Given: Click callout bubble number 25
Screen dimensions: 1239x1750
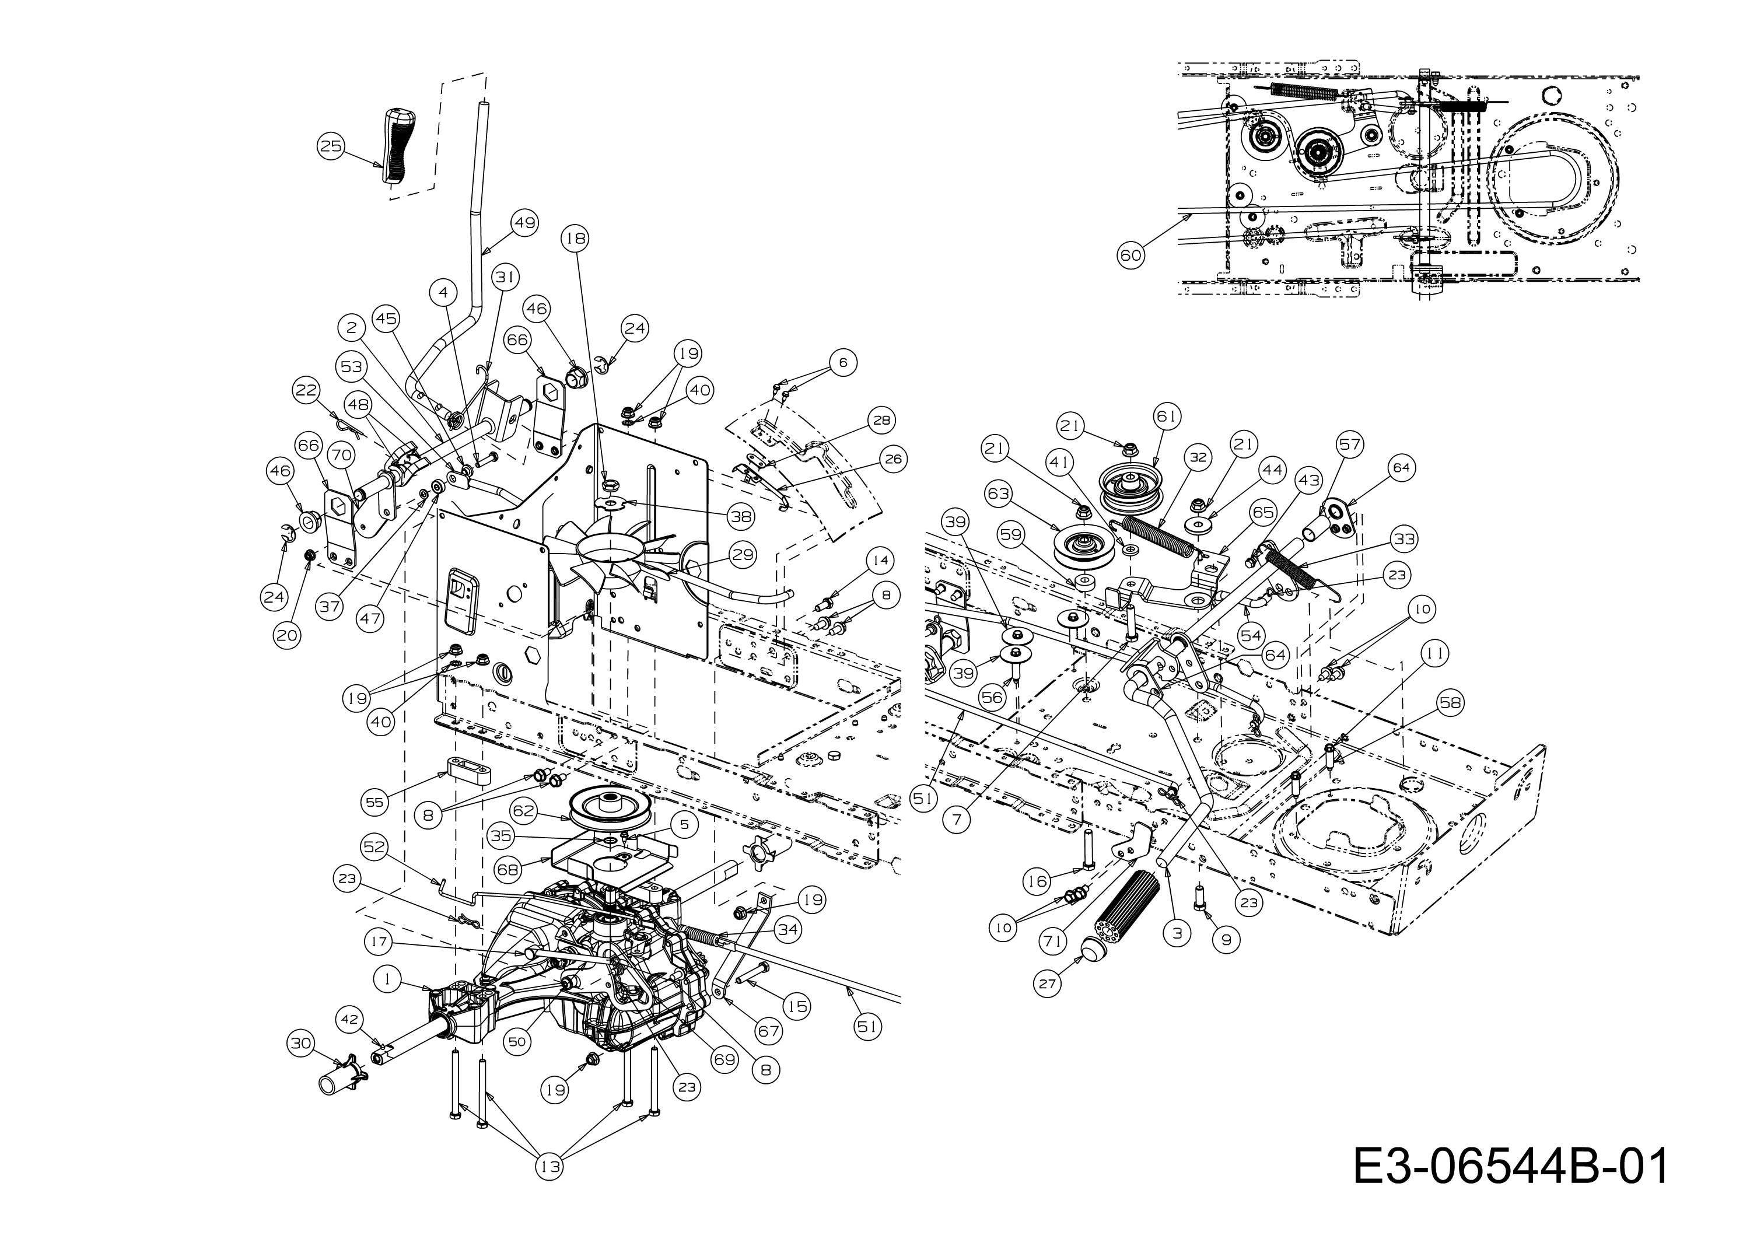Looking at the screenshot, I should [330, 146].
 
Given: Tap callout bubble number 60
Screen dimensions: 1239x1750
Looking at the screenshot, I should [1130, 255].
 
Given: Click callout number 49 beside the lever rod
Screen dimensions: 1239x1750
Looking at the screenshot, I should [523, 223].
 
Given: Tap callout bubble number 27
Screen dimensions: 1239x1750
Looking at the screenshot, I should [1048, 984].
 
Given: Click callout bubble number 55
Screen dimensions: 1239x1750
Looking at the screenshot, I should [374, 802].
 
